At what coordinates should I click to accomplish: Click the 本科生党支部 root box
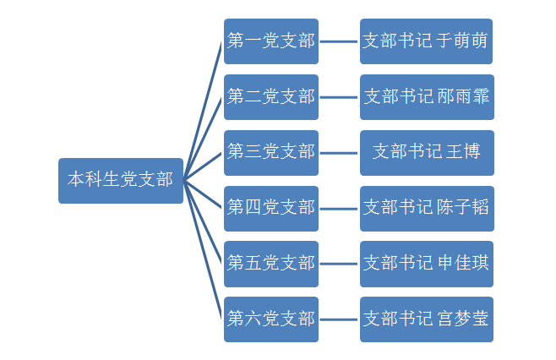120,180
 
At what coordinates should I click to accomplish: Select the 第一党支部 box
270,41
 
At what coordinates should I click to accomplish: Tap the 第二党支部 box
270,96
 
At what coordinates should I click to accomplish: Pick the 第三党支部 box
270,152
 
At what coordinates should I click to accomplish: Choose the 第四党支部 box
270,208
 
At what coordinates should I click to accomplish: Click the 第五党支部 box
270,264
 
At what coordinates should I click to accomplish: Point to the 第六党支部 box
270,319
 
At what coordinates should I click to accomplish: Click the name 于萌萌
462,41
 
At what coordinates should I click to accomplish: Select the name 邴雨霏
462,96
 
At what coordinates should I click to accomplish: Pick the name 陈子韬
462,208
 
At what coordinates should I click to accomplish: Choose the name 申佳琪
462,264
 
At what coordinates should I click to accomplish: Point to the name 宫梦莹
462,319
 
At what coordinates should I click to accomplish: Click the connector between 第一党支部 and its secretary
339,41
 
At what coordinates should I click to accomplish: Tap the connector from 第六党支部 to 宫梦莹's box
339,319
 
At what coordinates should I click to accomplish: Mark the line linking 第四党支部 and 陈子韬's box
339,208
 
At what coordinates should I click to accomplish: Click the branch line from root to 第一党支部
204,110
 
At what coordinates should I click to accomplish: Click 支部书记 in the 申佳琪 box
398,264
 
